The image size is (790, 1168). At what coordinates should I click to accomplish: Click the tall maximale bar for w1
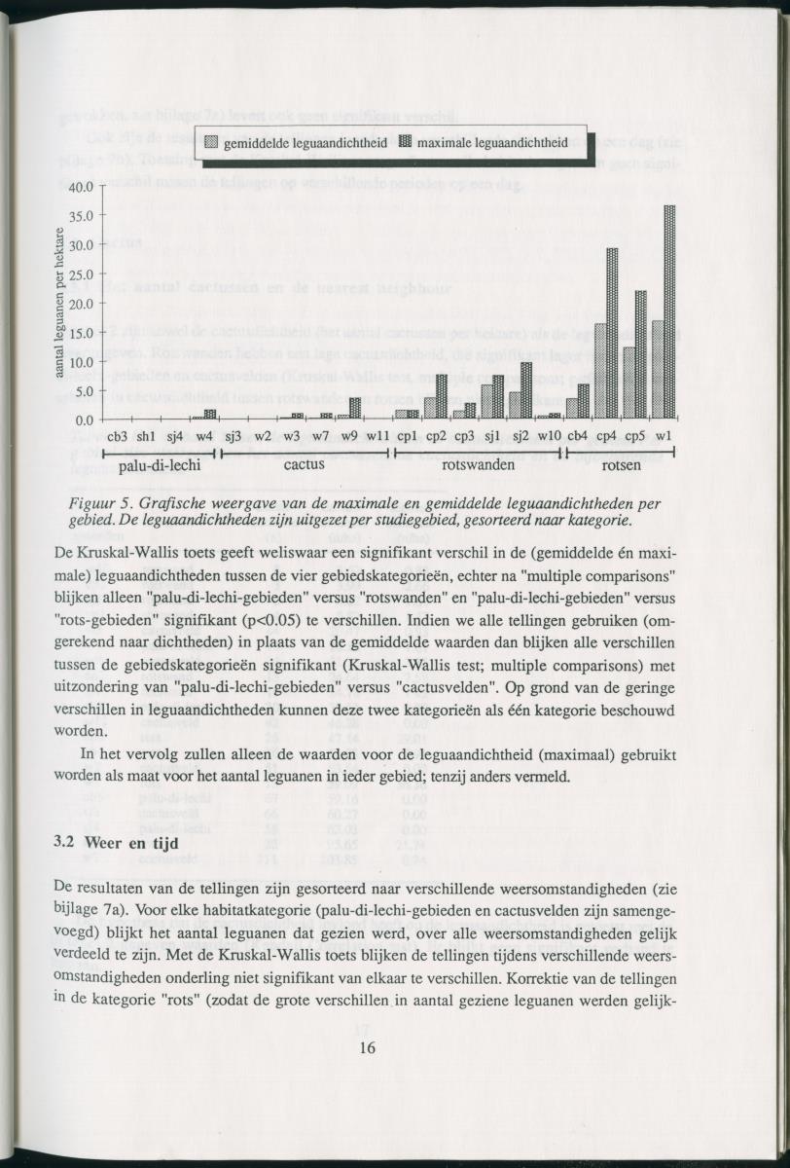point(669,311)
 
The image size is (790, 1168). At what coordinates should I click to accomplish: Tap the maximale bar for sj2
point(526,390)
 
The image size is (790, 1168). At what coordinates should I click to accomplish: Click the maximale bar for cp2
point(441,396)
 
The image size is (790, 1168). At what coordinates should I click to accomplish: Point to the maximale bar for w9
point(355,408)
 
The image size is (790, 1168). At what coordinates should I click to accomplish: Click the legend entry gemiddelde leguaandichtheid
point(298,142)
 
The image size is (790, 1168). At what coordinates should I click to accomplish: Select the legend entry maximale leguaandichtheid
point(483,142)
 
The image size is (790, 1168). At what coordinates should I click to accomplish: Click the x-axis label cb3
point(118,436)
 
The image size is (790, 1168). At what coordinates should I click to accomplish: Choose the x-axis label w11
point(378,436)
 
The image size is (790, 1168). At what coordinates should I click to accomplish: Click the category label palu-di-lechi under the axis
point(160,465)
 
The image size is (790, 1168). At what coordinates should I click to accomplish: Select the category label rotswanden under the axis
point(478,465)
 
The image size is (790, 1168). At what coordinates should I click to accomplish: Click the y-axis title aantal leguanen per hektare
point(59,303)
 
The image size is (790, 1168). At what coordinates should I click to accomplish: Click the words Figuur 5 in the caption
point(100,503)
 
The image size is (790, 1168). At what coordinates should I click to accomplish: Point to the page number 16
point(367,1047)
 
